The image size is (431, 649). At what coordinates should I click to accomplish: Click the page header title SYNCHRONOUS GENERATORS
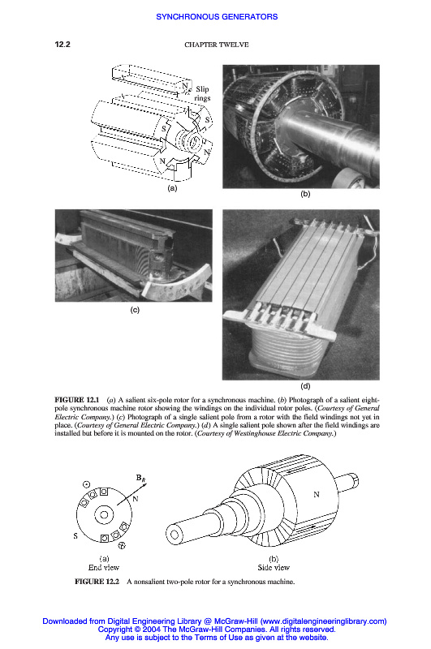pyautogui.click(x=217, y=16)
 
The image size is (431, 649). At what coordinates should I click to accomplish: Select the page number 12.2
pyautogui.click(x=62, y=45)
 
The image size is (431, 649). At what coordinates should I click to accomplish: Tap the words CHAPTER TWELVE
pyautogui.click(x=217, y=45)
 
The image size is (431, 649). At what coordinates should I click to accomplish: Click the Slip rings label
pyautogui.click(x=202, y=93)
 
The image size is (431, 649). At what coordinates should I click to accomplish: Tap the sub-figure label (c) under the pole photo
pyautogui.click(x=135, y=310)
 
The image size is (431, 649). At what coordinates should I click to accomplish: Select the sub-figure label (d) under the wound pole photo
pyautogui.click(x=305, y=386)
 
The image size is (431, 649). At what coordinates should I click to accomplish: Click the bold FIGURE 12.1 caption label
pyautogui.click(x=77, y=400)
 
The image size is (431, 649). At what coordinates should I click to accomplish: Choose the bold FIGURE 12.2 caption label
pyautogui.click(x=97, y=581)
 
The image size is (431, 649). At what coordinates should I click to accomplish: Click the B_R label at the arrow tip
pyautogui.click(x=140, y=478)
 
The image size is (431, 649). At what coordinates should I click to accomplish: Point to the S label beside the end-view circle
pyautogui.click(x=75, y=535)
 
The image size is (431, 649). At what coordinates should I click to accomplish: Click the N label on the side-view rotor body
pyautogui.click(x=317, y=494)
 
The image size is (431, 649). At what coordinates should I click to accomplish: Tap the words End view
pyautogui.click(x=104, y=567)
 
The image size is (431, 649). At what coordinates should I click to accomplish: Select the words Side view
pyautogui.click(x=274, y=567)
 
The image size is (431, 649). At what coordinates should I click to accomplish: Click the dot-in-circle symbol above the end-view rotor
pyautogui.click(x=87, y=484)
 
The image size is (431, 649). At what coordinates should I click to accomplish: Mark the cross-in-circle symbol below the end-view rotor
pyautogui.click(x=122, y=546)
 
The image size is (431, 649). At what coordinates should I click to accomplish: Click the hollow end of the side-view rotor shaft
pyautogui.click(x=175, y=535)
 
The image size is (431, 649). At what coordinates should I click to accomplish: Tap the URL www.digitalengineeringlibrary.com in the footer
pyautogui.click(x=322, y=621)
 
